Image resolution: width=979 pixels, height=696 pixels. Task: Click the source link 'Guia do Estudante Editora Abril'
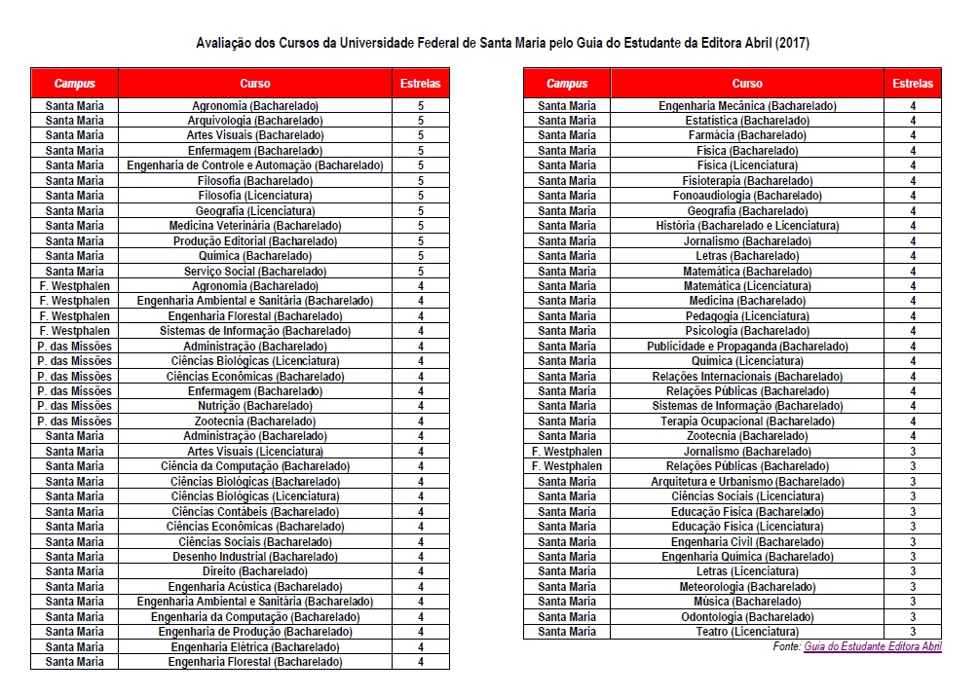coord(873,646)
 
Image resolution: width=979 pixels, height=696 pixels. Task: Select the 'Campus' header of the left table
coord(74,84)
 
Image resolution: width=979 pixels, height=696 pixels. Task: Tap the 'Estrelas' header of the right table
coord(912,84)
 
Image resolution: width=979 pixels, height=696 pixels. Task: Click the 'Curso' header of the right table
coord(747,84)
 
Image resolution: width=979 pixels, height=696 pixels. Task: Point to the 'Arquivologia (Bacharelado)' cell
coord(254,121)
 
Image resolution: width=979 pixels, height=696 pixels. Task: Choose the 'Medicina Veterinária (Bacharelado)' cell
coord(254,226)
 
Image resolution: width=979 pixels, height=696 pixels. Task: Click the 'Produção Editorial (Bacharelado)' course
coord(254,240)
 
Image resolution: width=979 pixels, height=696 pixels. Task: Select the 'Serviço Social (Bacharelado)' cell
coord(254,271)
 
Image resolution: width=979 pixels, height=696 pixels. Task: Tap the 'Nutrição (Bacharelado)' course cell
coord(254,406)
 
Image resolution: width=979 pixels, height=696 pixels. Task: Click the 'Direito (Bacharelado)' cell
coord(254,571)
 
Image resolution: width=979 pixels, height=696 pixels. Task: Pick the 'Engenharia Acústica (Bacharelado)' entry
coord(254,587)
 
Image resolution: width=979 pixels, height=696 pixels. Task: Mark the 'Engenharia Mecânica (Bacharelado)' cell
coord(747,105)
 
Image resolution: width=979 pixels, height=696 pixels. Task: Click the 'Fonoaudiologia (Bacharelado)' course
coord(747,196)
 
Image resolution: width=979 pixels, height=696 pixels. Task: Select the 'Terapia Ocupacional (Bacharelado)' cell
coord(747,421)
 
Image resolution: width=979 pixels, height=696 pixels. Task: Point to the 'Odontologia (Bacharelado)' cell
coord(747,617)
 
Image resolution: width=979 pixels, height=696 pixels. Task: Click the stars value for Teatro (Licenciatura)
coord(912,632)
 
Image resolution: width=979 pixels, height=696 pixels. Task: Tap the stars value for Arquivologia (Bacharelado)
coord(420,121)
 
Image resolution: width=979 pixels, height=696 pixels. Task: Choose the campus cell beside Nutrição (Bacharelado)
coord(74,406)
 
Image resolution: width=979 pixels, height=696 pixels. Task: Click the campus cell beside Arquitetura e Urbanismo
coord(567,482)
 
